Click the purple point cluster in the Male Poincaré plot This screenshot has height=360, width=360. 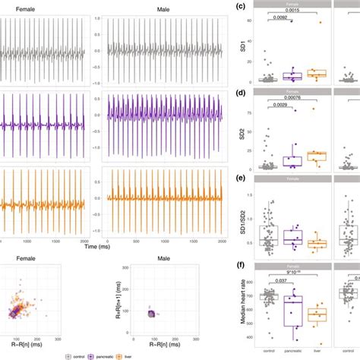pos(150,313)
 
